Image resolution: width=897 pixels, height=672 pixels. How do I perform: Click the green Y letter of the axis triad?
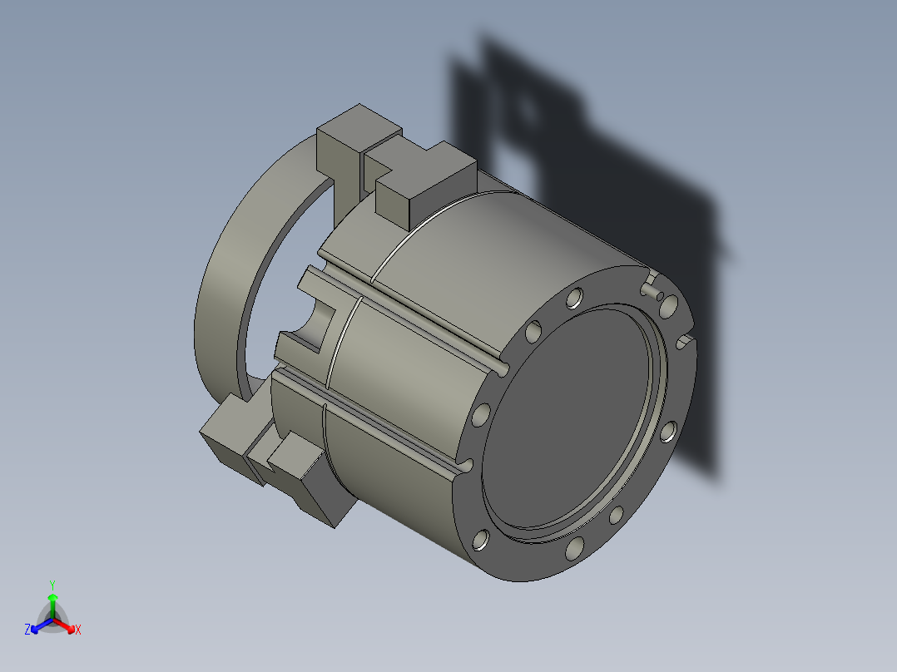52,585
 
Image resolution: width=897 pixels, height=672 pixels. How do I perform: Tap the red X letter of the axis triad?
78,630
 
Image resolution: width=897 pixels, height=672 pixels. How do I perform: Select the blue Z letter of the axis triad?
27,630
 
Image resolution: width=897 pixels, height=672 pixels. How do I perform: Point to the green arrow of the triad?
52,606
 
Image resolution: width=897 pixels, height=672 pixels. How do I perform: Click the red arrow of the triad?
64,625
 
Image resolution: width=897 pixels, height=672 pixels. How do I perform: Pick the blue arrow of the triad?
42,625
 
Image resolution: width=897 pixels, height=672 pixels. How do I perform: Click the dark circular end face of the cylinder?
567,418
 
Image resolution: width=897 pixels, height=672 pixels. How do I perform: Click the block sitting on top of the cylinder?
426,183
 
